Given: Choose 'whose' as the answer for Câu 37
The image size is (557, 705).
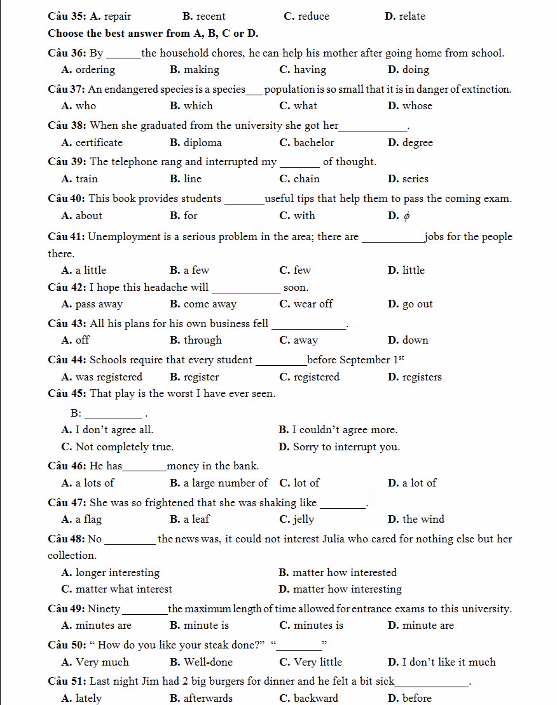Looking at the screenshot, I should pos(417,106).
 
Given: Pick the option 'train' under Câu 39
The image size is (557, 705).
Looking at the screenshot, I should pos(86,179).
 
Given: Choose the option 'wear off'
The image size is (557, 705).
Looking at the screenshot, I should pos(313,304).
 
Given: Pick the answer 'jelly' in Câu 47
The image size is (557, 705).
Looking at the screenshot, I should pos(304,520).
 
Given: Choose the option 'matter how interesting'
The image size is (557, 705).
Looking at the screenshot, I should pos(347,589).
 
